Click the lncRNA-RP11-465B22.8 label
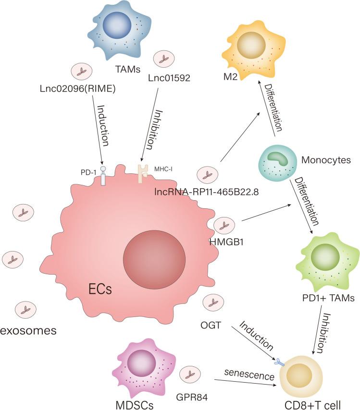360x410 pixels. [x=207, y=192]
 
